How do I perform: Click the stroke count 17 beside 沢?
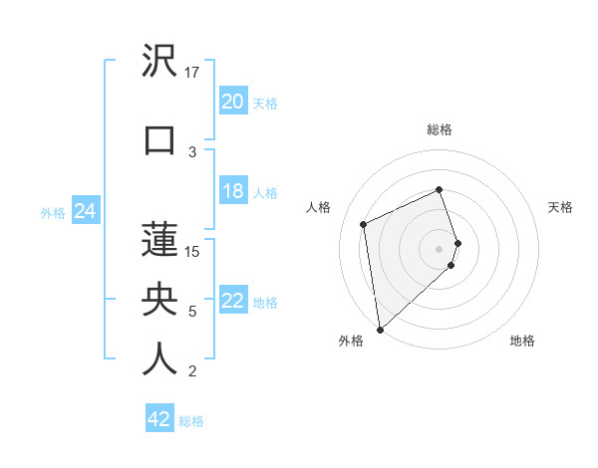point(192,73)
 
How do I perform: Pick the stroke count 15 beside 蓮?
point(192,251)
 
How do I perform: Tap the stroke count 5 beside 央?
point(192,312)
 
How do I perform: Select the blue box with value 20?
point(232,102)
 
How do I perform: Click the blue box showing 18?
point(232,192)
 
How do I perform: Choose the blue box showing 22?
point(232,302)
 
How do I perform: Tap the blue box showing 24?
point(85,212)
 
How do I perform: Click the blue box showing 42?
point(159,420)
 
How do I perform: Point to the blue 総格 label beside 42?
point(191,421)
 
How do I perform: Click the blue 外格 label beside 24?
point(53,213)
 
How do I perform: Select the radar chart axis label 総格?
point(440,129)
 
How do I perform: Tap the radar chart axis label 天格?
point(560,207)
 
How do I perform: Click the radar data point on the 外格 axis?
point(379,329)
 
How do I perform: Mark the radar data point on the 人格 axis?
point(364,223)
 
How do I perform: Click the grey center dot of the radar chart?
point(440,248)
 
